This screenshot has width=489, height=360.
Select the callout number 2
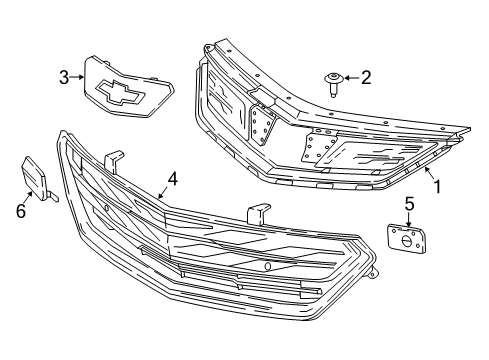click(x=365, y=76)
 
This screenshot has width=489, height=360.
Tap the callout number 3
click(x=64, y=77)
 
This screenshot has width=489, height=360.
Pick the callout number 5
click(x=408, y=204)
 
